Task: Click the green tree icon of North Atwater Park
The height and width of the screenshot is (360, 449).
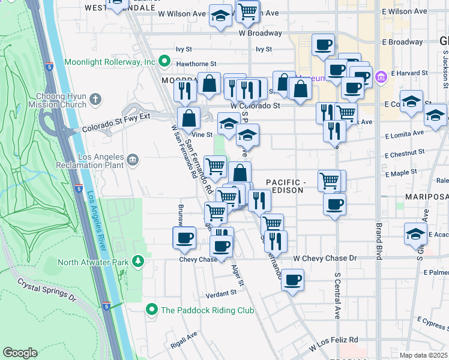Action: pyautogui.click(x=139, y=261)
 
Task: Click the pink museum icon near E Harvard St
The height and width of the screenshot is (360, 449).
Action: pyautogui.click(x=380, y=77)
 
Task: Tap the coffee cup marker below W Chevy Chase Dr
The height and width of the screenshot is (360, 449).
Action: pyautogui.click(x=292, y=279)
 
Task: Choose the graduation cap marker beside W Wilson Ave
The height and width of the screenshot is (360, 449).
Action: pyautogui.click(x=221, y=16)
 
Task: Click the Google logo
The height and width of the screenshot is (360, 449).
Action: pyautogui.click(x=20, y=353)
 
